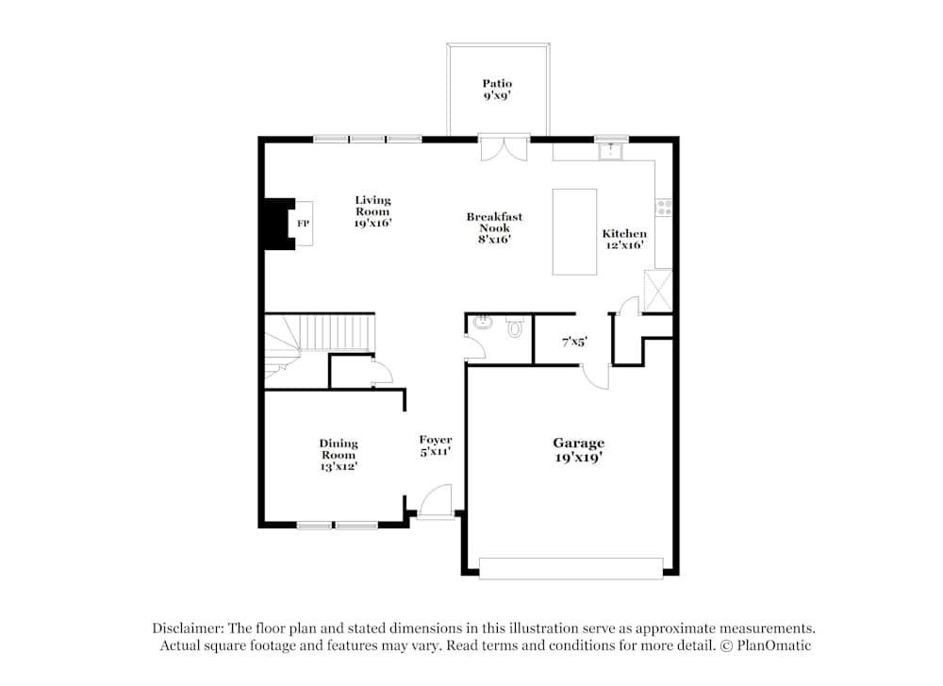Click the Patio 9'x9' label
[x=497, y=90]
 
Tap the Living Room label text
[x=372, y=211]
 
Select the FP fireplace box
[x=303, y=224]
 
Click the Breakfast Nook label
[x=494, y=227]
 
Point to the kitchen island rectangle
[x=574, y=231]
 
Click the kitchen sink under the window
[x=611, y=150]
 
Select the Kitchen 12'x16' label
[x=624, y=239]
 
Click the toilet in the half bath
[x=515, y=327]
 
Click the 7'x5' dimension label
[x=574, y=343]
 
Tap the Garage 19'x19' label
[x=578, y=449]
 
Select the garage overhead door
[x=571, y=568]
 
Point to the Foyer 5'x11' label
[x=435, y=445]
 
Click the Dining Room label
[x=338, y=454]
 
